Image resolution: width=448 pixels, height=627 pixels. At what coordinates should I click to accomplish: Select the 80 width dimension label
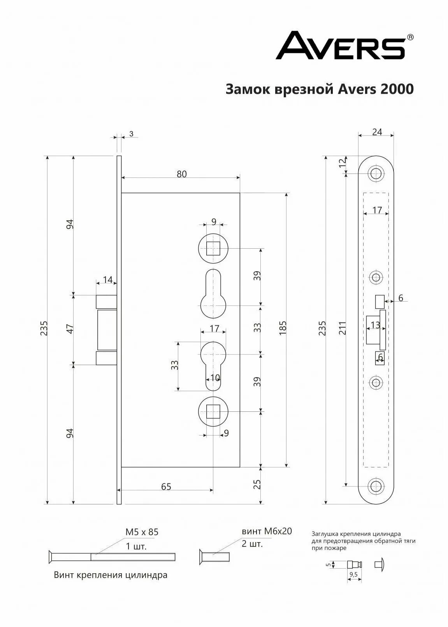click(x=181, y=174)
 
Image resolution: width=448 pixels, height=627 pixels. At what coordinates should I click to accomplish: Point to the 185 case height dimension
click(x=283, y=328)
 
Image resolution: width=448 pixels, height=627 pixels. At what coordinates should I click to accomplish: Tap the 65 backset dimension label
click(x=166, y=486)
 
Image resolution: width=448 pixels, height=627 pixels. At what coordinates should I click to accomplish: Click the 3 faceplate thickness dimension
click(x=131, y=134)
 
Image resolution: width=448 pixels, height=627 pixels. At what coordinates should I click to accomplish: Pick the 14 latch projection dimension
click(x=107, y=280)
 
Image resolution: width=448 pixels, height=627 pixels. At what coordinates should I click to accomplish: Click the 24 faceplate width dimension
click(x=377, y=132)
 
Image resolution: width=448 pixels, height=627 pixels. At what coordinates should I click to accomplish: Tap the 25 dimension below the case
click(x=257, y=484)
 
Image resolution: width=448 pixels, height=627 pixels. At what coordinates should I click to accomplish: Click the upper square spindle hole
click(x=213, y=248)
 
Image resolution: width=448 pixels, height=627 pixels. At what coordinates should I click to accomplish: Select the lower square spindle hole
click(x=213, y=411)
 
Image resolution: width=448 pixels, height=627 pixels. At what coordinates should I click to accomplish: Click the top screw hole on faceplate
click(x=376, y=173)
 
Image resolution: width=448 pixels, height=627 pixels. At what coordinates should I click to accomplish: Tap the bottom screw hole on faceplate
click(x=376, y=486)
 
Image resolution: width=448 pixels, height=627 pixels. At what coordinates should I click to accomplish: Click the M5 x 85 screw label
click(x=142, y=532)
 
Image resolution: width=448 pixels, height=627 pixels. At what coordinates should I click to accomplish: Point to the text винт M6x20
click(x=267, y=531)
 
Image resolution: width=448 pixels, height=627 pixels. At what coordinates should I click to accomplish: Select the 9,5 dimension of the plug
click(x=353, y=574)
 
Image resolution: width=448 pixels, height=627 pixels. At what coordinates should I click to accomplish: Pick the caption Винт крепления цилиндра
click(x=111, y=575)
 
